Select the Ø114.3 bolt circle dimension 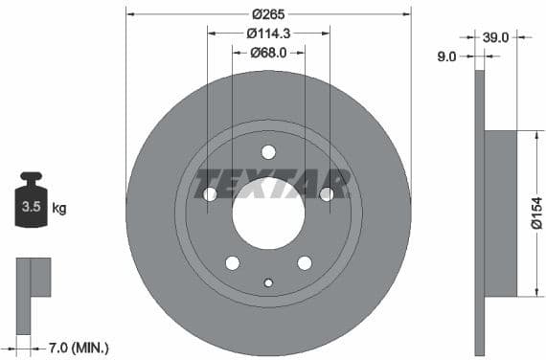[268, 34]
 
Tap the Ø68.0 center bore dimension [268, 52]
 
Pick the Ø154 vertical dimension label [536, 214]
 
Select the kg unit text [59, 207]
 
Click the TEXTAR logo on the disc [272, 182]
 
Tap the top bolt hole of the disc [268, 151]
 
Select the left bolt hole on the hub [210, 194]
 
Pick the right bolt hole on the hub [327, 194]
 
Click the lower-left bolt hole [232, 262]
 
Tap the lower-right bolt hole [305, 262]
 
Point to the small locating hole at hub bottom [268, 281]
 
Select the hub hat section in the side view [499, 214]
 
